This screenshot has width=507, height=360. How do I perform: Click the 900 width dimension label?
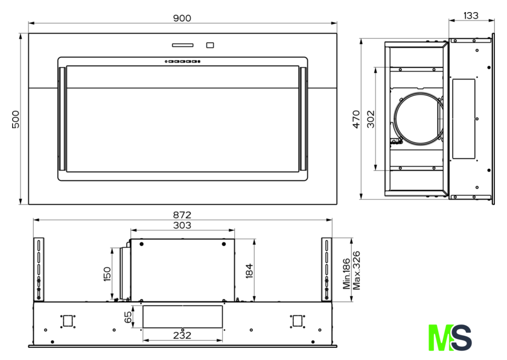coord(182,18)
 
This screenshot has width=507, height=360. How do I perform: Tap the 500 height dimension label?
coord(16,119)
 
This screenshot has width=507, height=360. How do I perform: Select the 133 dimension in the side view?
coord(471,16)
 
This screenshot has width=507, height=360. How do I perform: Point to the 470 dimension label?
coord(356,119)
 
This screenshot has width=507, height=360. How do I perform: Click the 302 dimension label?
coord(371,119)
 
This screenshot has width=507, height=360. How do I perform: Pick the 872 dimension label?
coord(182,215)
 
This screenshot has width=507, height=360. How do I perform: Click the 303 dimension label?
coord(182,226)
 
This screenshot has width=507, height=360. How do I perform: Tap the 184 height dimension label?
coord(249,271)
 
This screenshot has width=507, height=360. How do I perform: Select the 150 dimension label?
coord(107,274)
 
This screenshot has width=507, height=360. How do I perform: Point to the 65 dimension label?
coord(128,317)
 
